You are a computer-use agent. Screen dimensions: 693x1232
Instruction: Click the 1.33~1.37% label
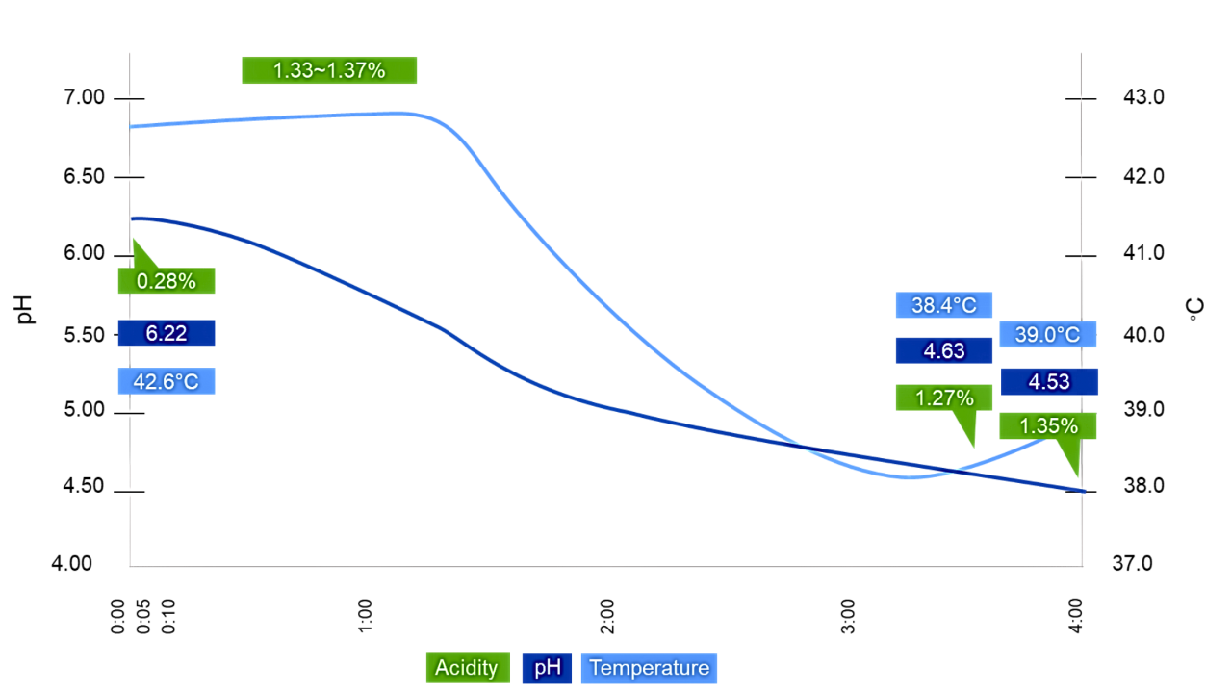(329, 70)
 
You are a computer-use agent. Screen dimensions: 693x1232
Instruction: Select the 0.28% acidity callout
(166, 281)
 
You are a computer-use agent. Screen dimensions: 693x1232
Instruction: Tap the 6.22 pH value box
(166, 333)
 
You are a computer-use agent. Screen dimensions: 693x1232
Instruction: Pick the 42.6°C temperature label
(166, 381)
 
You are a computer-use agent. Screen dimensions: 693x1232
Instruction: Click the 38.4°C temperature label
(943, 305)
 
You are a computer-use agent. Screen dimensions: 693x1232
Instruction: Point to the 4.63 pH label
(943, 350)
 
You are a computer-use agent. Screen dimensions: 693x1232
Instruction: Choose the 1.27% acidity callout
(943, 398)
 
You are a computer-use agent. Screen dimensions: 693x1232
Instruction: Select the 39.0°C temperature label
(1047, 335)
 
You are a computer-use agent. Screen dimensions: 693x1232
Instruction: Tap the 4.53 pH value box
(1048, 381)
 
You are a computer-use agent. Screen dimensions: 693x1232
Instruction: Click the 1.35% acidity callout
(1047, 425)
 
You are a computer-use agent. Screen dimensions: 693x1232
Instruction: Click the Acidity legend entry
(467, 668)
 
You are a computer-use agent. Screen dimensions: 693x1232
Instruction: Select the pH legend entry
(547, 668)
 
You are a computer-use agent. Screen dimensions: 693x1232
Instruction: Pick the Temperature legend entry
(649, 668)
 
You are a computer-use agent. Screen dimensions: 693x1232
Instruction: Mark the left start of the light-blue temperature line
(131, 126)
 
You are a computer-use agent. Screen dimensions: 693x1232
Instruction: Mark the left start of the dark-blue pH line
(131, 218)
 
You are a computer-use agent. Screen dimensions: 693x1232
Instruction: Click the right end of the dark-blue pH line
(1084, 491)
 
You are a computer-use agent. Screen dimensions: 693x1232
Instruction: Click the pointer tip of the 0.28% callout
(133, 238)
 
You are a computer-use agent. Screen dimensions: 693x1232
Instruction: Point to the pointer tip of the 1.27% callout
(973, 449)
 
